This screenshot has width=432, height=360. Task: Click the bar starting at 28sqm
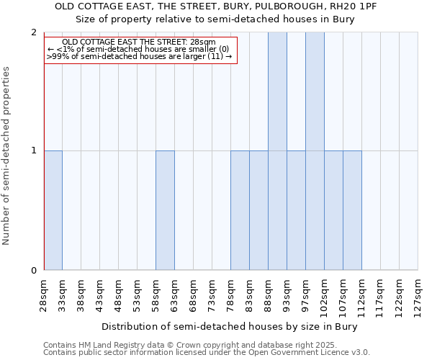[53, 210]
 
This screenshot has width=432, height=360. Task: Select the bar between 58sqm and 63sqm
[165, 210]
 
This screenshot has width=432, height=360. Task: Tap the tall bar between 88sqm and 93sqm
[277, 151]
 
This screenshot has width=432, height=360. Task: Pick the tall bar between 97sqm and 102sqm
[315, 151]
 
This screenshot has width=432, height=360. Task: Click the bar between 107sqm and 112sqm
[352, 210]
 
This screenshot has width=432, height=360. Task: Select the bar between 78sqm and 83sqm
[240, 210]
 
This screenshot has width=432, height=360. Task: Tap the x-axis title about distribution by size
[230, 326]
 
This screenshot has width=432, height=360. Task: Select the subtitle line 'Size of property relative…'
[215, 19]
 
